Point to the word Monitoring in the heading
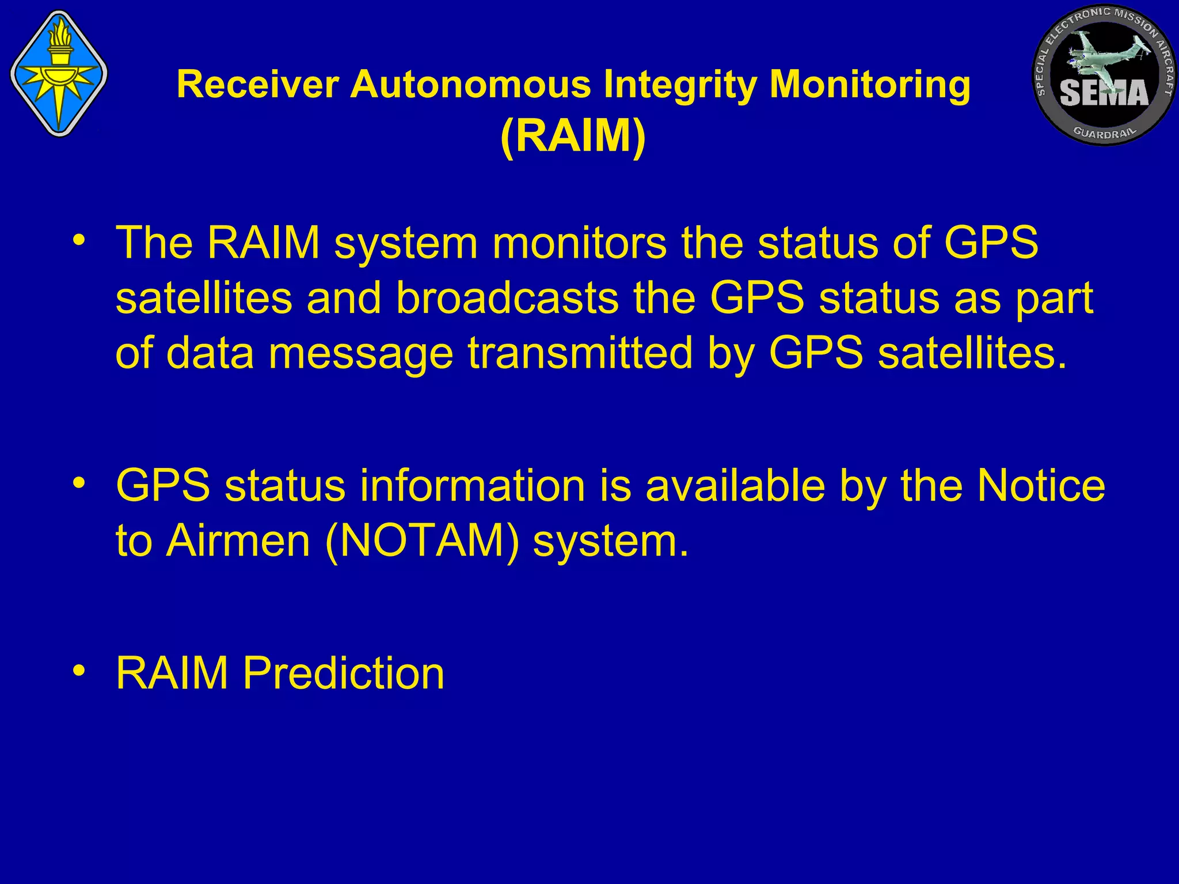(870, 85)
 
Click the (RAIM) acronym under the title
(573, 136)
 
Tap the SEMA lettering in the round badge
(1104, 93)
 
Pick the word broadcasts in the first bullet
(507, 299)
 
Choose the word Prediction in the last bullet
(343, 673)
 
